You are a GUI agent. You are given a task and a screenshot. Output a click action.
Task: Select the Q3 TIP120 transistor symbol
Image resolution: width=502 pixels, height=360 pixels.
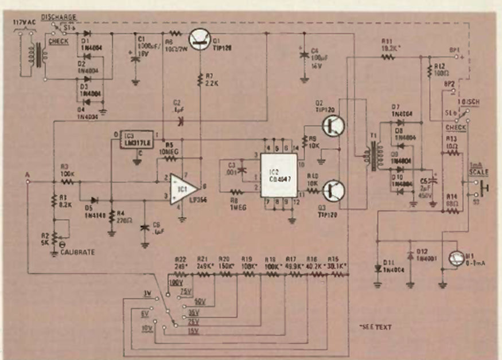tap(333, 190)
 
